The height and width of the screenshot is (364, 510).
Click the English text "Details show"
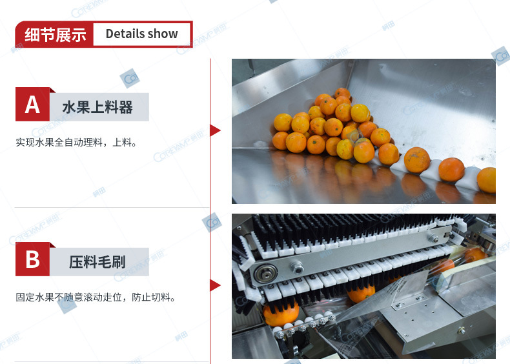coord(142,34)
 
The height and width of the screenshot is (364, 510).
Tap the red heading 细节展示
coord(56,35)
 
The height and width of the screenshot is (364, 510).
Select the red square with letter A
coord(32,104)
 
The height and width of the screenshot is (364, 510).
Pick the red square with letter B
coord(32,259)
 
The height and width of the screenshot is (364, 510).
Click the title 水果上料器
coord(97,107)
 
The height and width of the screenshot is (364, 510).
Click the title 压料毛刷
coord(97,262)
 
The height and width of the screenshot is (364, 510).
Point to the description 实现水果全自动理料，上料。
coord(76,143)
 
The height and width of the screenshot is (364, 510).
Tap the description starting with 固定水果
coord(96,298)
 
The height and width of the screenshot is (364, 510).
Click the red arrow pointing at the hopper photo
coord(215,130)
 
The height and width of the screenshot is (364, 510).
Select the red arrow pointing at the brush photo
coord(215,285)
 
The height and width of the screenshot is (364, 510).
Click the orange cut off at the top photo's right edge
coord(487,179)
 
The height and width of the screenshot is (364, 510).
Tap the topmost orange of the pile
coord(343,94)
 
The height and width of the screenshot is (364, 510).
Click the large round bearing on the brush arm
coord(266,274)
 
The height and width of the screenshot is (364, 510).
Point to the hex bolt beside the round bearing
coord(297,267)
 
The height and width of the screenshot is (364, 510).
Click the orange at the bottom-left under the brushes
coord(281,314)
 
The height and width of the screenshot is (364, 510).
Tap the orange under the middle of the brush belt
coord(361,292)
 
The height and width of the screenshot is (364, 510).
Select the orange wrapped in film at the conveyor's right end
coord(476,255)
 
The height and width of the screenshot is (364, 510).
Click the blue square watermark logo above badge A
coord(130,78)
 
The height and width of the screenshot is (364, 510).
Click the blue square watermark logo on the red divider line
coord(212,223)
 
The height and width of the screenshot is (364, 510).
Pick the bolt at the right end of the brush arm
coord(433,238)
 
